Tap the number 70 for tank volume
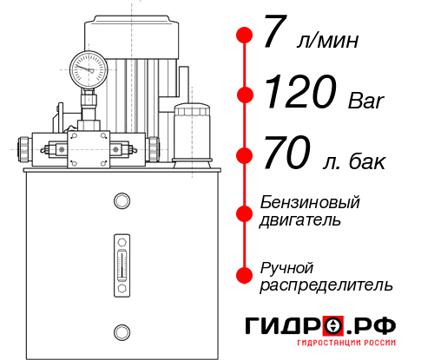click(287, 155)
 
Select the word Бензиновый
click(309, 202)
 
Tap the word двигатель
click(299, 220)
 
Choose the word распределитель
click(326, 285)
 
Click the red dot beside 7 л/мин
click(245, 36)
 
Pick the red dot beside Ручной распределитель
click(245, 275)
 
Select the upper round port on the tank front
click(120, 201)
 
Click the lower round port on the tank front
click(120, 330)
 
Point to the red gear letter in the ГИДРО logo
click(333, 326)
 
